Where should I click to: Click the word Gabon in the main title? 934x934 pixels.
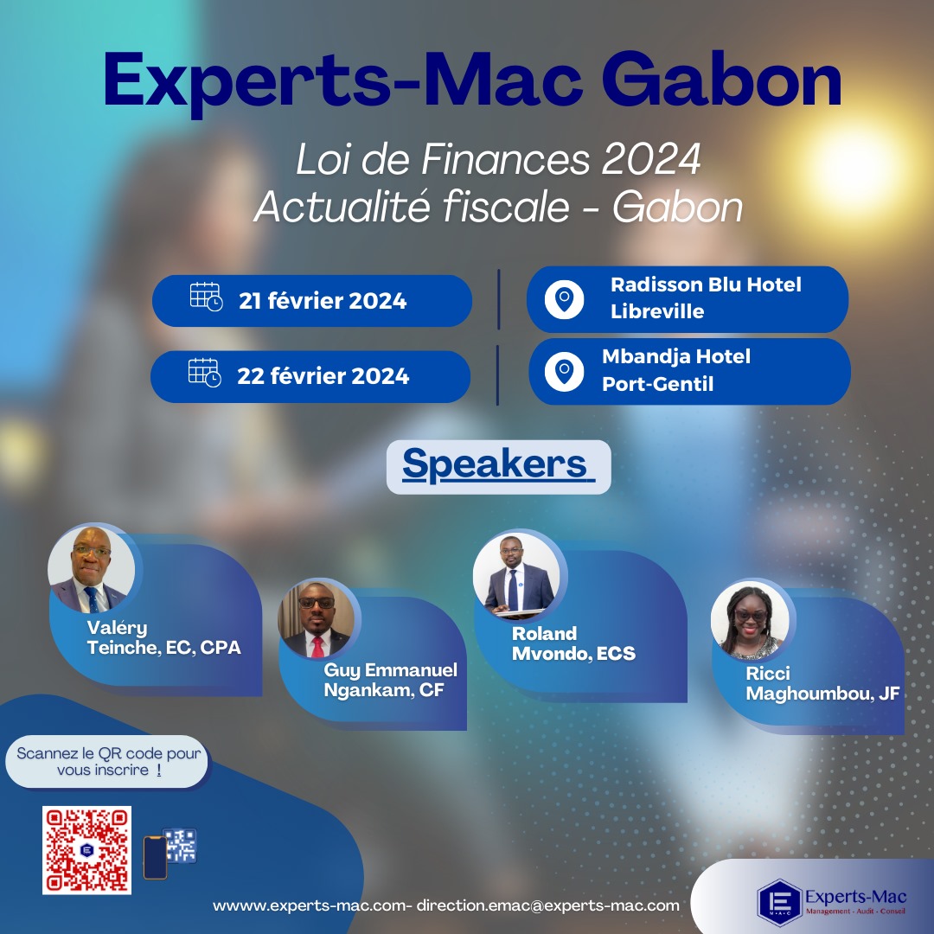pos(721,80)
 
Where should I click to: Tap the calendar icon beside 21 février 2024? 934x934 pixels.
pos(206,297)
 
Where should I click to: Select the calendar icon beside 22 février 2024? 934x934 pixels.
pos(204,373)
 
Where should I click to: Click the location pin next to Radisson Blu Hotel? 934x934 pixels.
pos(564,299)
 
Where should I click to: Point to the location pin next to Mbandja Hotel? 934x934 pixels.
pos(564,372)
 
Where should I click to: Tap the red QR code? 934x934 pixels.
pos(87,850)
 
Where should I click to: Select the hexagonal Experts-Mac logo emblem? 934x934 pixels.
pos(779,902)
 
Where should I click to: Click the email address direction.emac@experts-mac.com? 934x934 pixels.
pos(548,905)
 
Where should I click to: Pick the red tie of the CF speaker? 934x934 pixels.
pos(317,646)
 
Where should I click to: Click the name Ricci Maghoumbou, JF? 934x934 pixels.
pos(822,683)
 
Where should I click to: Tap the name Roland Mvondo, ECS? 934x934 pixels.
pos(573,643)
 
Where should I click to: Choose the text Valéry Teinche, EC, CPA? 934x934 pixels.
pos(163,637)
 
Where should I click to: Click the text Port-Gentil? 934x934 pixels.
pos(657,384)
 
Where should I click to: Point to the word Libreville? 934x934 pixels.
pos(657,311)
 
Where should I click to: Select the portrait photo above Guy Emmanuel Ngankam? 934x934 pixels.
pos(317,619)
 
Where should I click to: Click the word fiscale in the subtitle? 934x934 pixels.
pos(505,207)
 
